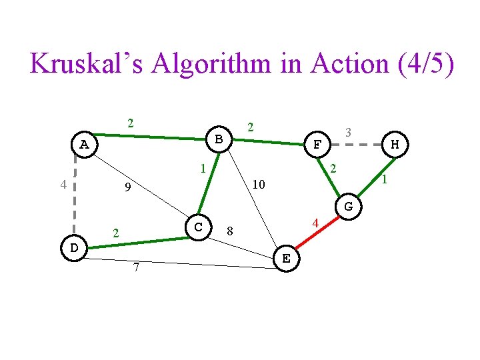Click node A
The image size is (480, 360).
pyautogui.click(x=83, y=144)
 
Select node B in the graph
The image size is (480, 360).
pyautogui.click(x=218, y=139)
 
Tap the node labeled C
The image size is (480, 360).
pyautogui.click(x=198, y=227)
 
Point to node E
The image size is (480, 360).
pyautogui.click(x=286, y=258)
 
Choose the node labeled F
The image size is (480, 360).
pyautogui.click(x=317, y=144)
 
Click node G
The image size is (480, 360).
pyautogui.click(x=348, y=207)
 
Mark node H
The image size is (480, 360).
pyautogui.click(x=395, y=144)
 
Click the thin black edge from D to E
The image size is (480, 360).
pyautogui.click(x=180, y=263)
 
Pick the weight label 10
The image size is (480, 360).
pyautogui.click(x=259, y=183)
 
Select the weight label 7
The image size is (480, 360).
pyautogui.click(x=136, y=268)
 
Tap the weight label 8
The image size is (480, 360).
pyautogui.click(x=229, y=231)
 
